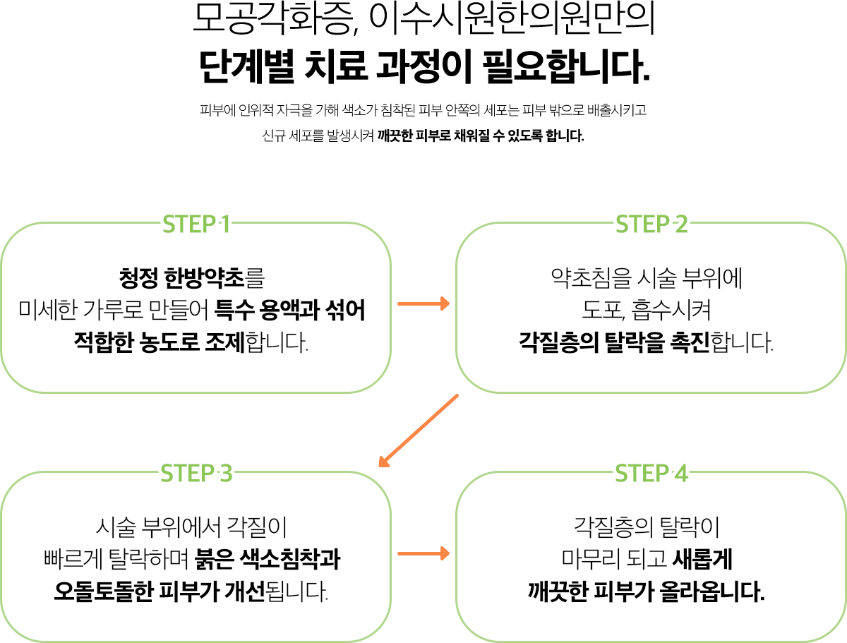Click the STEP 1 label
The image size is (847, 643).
pyautogui.click(x=196, y=224)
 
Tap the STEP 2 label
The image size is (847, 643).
pyautogui.click(x=651, y=224)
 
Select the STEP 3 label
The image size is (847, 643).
pyautogui.click(x=196, y=473)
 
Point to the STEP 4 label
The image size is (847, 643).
pyautogui.click(x=651, y=473)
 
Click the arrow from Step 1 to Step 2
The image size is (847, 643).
pyautogui.click(x=423, y=304)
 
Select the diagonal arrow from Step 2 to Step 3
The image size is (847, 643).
pyautogui.click(x=419, y=431)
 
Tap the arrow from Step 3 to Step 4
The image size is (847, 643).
pyautogui.click(x=423, y=553)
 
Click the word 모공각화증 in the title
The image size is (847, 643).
pyautogui.click(x=273, y=18)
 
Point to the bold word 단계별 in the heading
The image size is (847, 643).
pyautogui.click(x=247, y=66)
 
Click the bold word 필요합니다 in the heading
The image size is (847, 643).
pyautogui.click(x=567, y=66)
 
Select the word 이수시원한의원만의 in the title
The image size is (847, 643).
pyautogui.click(x=512, y=18)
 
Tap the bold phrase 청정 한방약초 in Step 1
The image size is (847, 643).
pyautogui.click(x=181, y=277)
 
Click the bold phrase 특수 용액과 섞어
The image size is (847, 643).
pyautogui.click(x=289, y=310)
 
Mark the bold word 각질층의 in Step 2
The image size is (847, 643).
pyautogui.click(x=558, y=342)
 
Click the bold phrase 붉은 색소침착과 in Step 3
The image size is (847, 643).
pyautogui.click(x=267, y=559)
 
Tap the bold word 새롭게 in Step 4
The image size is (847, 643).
pyautogui.click(x=702, y=559)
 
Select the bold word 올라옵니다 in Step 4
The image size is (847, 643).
pyautogui.click(x=712, y=591)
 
